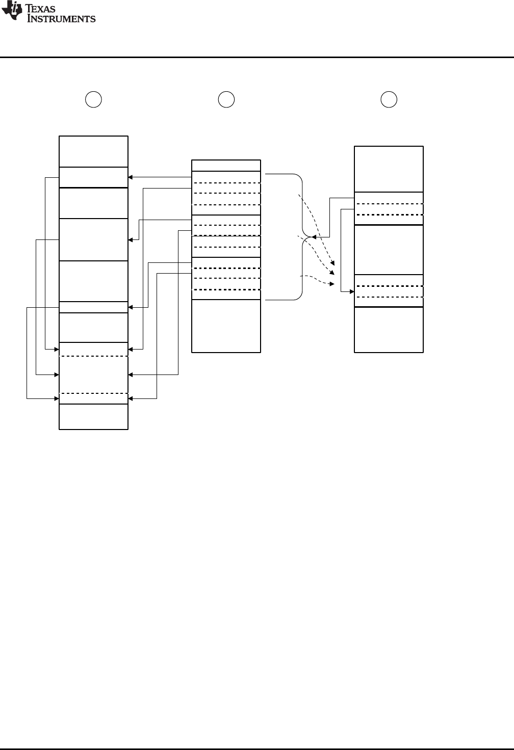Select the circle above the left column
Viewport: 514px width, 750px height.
pyautogui.click(x=93, y=99)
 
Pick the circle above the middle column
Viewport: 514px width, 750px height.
pyautogui.click(x=226, y=99)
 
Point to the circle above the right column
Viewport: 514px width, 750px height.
pyautogui.click(x=389, y=99)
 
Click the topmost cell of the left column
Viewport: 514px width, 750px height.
pyautogui.click(x=93, y=151)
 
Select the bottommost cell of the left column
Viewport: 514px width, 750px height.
pyautogui.click(x=93, y=417)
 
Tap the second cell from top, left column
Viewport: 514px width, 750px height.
pyautogui.click(x=93, y=177)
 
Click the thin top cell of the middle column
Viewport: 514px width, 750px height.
pyautogui.click(x=226, y=166)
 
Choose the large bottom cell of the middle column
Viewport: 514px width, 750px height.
pyautogui.click(x=226, y=326)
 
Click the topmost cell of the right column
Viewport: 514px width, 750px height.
pyautogui.click(x=389, y=169)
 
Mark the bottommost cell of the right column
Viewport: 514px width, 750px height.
pyautogui.click(x=389, y=329)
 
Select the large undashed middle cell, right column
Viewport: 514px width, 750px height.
pyautogui.click(x=389, y=250)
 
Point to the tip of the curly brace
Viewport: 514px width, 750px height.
pyautogui.click(x=310, y=237)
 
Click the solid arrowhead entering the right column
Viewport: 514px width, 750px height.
pyautogui.click(x=351, y=291)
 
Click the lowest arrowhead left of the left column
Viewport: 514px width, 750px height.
pyautogui.click(x=57, y=398)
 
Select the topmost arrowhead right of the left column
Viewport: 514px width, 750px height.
pyautogui.click(x=131, y=177)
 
